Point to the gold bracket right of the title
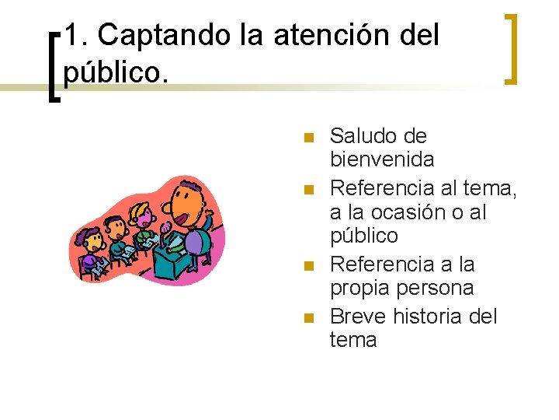tap(510, 48)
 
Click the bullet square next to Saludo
tap(308, 138)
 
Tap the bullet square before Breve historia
tap(308, 318)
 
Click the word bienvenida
tap(382, 160)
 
